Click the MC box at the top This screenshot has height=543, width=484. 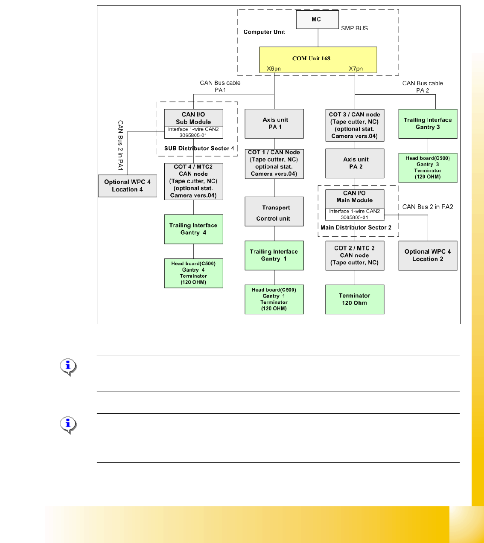[x=317, y=20]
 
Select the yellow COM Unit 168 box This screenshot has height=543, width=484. [x=318, y=59]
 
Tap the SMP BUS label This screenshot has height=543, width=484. [x=354, y=28]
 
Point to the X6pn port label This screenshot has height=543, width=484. [x=274, y=69]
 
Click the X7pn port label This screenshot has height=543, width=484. [x=356, y=69]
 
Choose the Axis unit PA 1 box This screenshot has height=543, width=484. [x=274, y=124]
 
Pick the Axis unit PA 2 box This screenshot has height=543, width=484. [x=355, y=163]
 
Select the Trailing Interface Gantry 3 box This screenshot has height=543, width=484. [x=428, y=124]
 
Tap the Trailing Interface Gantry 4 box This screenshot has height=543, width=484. [x=194, y=229]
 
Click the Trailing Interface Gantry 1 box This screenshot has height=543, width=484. [x=274, y=256]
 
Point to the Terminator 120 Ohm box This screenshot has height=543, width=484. [x=355, y=299]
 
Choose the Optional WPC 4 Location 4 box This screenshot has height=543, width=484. [x=128, y=186]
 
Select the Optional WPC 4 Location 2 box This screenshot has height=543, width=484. [x=428, y=256]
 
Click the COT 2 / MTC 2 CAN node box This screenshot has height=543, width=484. [x=355, y=256]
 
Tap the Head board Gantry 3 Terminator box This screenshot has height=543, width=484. [x=428, y=168]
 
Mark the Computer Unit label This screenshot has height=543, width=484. [x=264, y=32]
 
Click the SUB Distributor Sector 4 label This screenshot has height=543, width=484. [x=199, y=148]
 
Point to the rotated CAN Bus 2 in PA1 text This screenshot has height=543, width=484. [x=120, y=145]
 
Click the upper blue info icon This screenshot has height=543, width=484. [x=68, y=366]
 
